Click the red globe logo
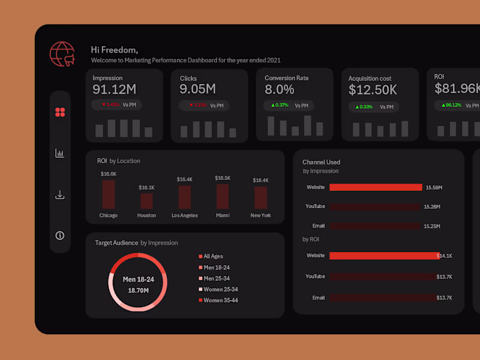62,54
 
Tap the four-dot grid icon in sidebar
59,112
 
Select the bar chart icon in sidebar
59,154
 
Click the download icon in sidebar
59,195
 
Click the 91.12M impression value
115,89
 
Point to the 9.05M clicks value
197,89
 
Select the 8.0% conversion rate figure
280,89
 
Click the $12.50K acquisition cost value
373,90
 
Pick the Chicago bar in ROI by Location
109,194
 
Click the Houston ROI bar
146,200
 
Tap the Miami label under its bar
223,215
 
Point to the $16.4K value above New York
260,180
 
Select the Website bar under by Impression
376,187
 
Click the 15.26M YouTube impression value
433,206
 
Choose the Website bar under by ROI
384,256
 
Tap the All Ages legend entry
214,256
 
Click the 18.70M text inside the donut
138,290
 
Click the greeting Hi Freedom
114,50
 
